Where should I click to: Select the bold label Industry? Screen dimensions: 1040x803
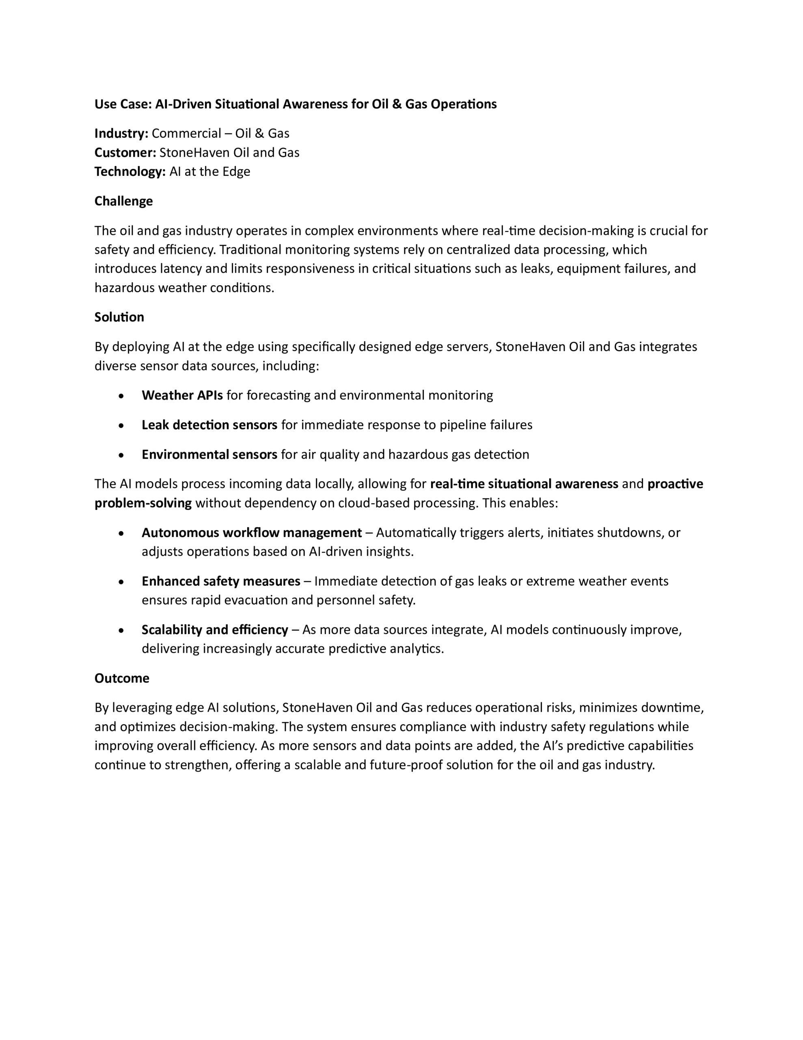[121, 133]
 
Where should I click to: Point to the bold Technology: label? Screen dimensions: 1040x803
[130, 171]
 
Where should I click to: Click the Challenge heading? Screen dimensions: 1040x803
[123, 201]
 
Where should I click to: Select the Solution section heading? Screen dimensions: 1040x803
[119, 317]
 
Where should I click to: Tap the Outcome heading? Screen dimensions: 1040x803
[122, 678]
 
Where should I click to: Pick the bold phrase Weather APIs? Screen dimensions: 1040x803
[182, 395]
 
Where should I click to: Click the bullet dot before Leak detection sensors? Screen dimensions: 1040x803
[122, 425]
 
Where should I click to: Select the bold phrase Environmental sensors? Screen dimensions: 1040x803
[209, 454]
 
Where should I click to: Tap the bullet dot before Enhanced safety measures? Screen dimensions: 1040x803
[122, 581]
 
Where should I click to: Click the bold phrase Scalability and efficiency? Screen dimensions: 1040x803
[215, 630]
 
